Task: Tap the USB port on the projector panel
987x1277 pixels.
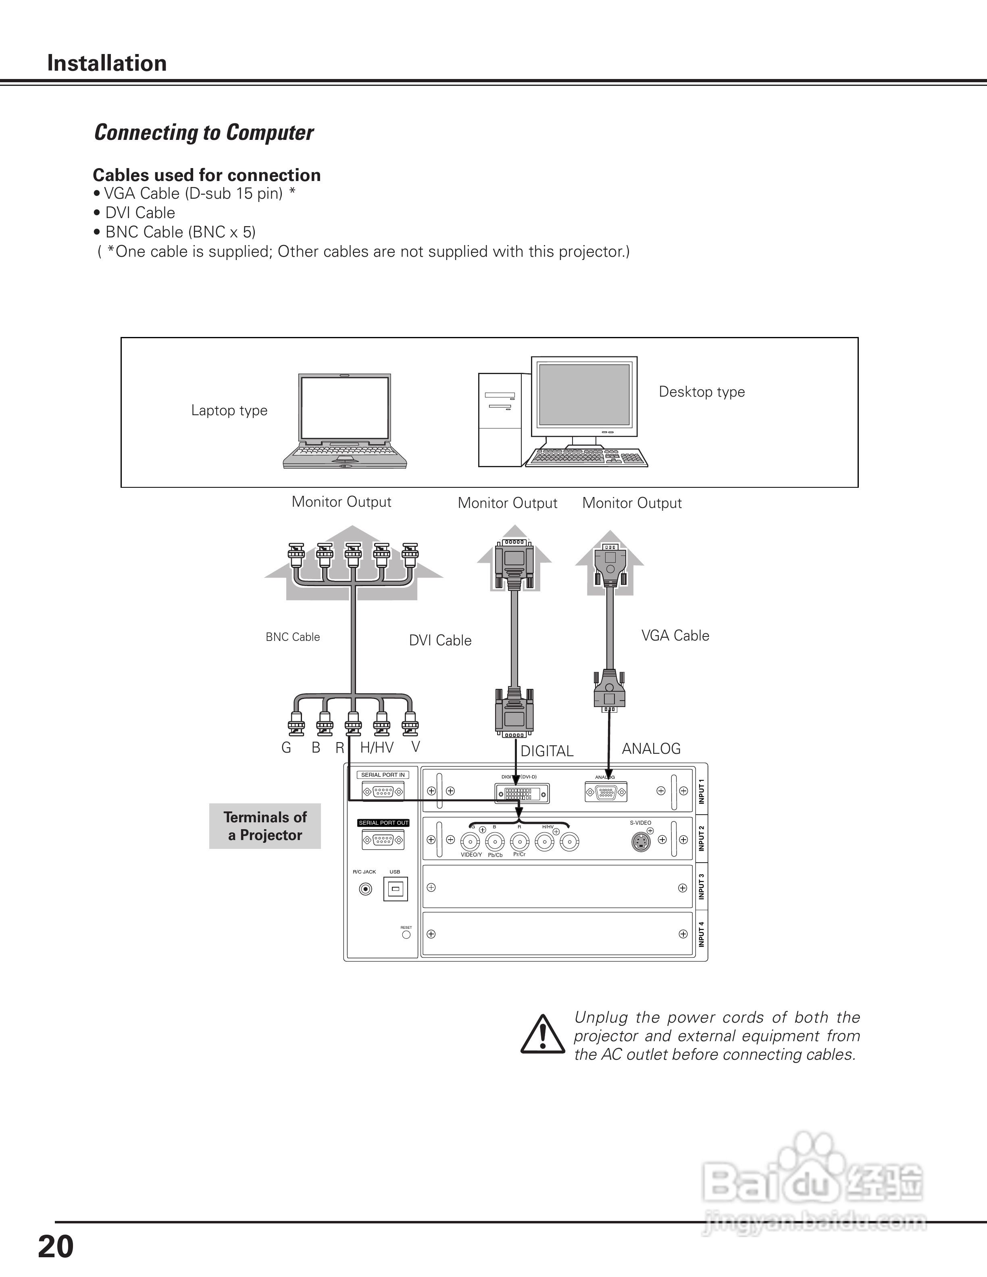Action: click(x=395, y=889)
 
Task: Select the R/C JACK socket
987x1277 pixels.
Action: click(x=365, y=889)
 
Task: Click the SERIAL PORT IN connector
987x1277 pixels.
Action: click(x=383, y=792)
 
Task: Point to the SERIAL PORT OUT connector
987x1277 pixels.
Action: click(x=383, y=841)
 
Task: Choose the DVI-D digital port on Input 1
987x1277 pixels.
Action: click(x=522, y=793)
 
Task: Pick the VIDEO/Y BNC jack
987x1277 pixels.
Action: click(x=470, y=842)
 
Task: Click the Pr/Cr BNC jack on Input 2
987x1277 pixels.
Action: click(x=519, y=842)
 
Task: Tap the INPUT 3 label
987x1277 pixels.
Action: click(x=701, y=886)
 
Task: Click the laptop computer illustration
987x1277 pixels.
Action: click(x=345, y=421)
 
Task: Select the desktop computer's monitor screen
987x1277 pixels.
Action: click(x=584, y=395)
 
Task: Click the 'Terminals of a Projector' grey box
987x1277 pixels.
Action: click(x=265, y=826)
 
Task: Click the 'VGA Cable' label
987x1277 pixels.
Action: click(x=675, y=636)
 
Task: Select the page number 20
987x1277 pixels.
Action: click(x=56, y=1247)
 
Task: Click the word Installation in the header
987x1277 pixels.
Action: click(x=107, y=63)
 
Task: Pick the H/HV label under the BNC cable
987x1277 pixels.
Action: click(x=377, y=747)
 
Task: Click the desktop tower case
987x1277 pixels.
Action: click(x=500, y=420)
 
